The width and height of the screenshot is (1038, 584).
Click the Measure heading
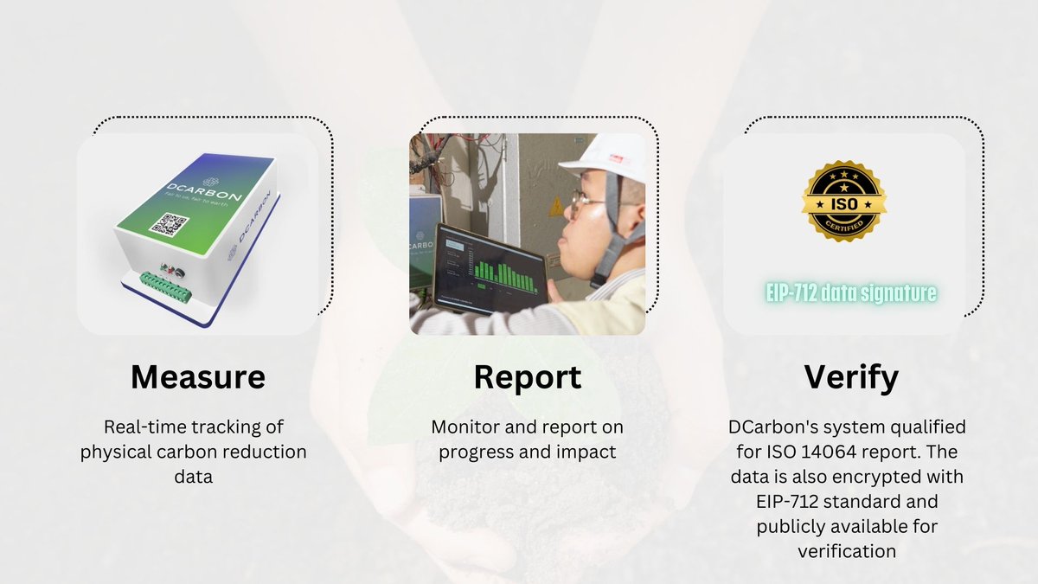pos(198,377)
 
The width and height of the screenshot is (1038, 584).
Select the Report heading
pos(527,377)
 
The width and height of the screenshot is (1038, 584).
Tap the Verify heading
pos(851,377)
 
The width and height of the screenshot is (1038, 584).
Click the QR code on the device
pos(168,223)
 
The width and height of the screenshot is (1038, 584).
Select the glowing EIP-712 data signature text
pos(851,293)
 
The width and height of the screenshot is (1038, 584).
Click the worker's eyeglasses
pos(589,201)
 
